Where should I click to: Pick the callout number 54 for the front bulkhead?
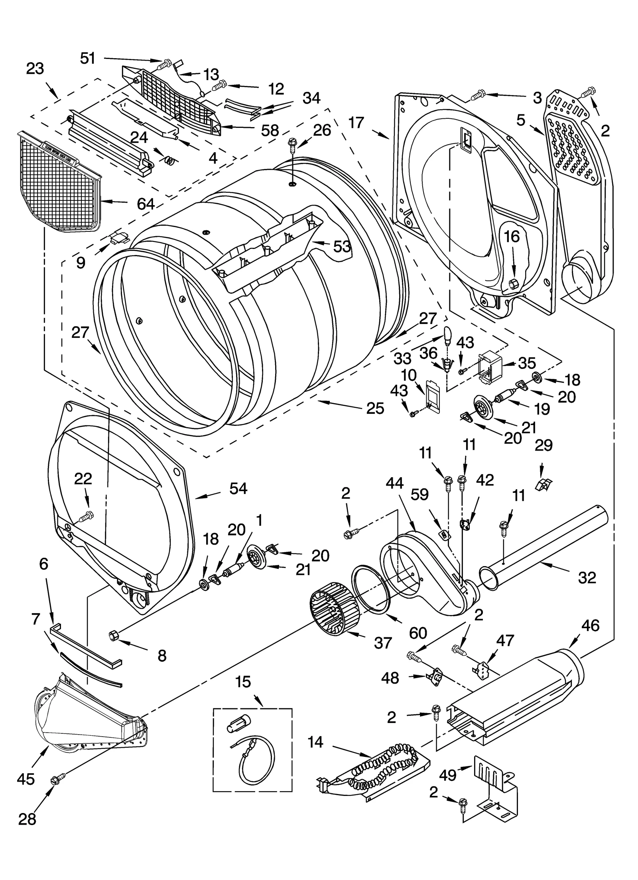coord(238,488)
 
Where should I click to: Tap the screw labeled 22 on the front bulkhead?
coord(87,517)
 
